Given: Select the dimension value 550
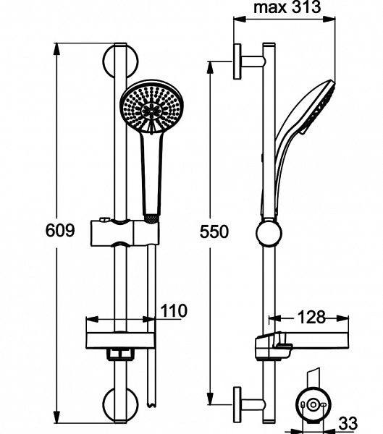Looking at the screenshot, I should click(214, 231).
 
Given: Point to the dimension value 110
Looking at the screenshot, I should click(172, 311).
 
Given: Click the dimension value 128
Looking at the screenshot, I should click(310, 317).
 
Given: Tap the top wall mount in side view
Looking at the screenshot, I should click(246, 61).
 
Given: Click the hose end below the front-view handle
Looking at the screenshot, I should click(151, 216).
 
